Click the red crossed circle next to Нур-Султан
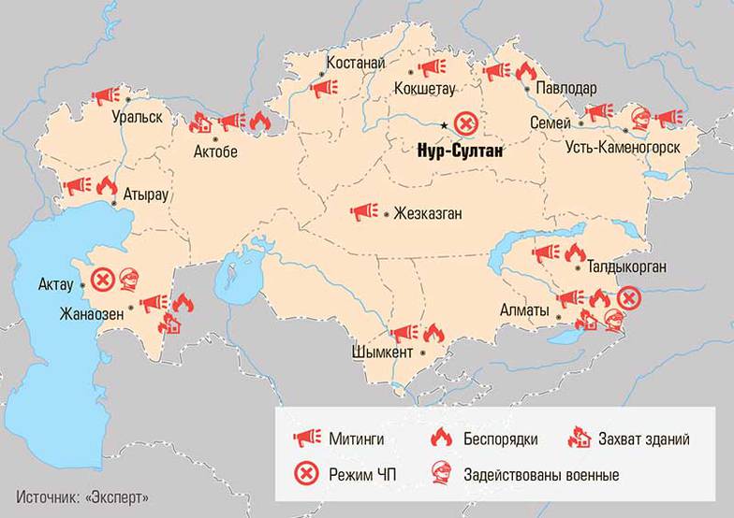465,122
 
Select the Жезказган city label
429,213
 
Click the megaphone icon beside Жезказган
363,212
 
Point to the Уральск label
137,118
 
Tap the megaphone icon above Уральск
105,95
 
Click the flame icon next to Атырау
106,185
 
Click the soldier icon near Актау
128,278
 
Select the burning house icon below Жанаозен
170,324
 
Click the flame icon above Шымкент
432,333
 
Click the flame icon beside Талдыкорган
574,252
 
